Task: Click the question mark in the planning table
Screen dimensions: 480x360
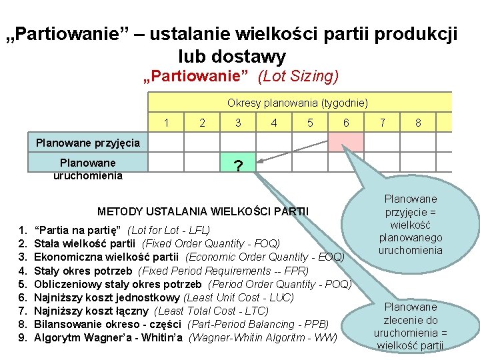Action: (x=237, y=167)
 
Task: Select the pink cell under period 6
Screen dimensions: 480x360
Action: (x=346, y=142)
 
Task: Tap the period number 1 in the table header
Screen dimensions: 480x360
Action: (x=166, y=123)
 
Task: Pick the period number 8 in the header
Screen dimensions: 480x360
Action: (x=418, y=123)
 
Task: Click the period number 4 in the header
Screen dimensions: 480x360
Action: (x=274, y=123)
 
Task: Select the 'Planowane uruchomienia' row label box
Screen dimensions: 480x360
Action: (x=88, y=169)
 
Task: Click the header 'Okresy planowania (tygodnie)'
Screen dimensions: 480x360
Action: (x=297, y=103)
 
